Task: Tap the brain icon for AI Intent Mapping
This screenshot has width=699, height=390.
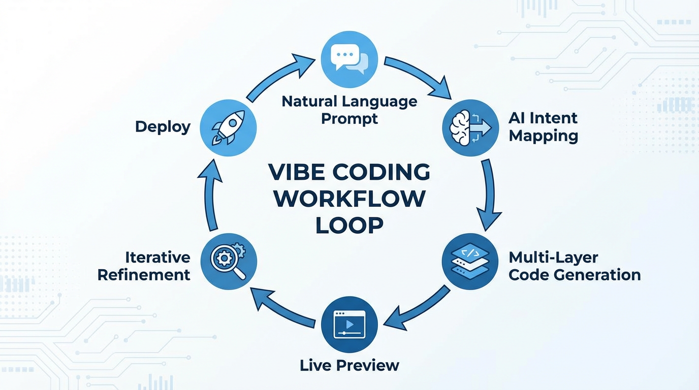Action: [470, 127]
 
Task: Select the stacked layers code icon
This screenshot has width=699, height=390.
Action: [470, 262]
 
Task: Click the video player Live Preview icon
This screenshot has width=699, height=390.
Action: [349, 326]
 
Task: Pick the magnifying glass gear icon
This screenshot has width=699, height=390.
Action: [229, 262]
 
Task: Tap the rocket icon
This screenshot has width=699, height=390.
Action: [229, 127]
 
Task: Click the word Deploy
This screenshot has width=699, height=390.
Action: [163, 126]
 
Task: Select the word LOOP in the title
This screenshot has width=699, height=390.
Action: [349, 225]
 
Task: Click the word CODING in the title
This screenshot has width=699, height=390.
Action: [382, 173]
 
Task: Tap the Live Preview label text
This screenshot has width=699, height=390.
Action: [349, 365]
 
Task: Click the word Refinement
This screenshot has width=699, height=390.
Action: [144, 275]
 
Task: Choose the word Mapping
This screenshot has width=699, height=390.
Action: [543, 136]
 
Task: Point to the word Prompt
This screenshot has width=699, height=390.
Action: [349, 119]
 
